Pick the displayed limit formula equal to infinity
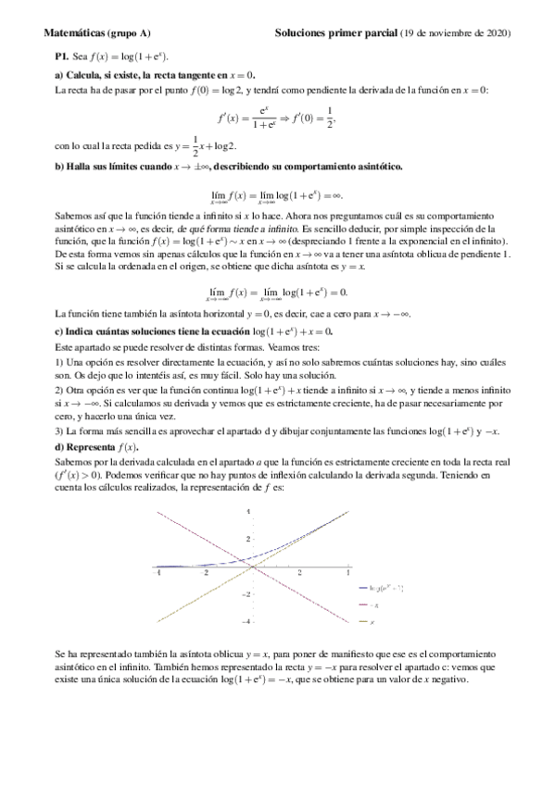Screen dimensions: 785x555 [277, 196]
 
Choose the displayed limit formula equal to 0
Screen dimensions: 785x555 [277, 293]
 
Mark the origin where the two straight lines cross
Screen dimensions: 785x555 [252, 567]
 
